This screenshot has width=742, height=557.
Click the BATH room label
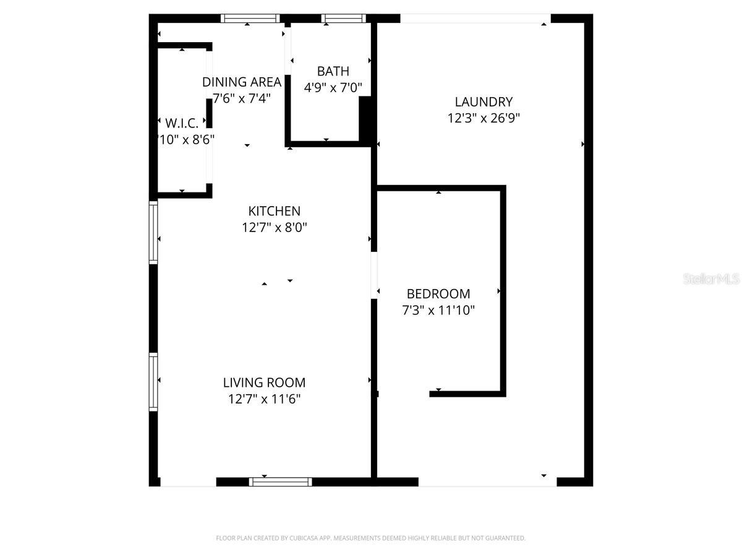click(333, 71)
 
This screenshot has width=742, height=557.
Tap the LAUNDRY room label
click(484, 102)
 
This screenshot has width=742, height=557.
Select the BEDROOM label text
click(438, 294)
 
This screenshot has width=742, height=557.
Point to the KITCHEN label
click(274, 212)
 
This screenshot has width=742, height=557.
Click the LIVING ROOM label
click(264, 383)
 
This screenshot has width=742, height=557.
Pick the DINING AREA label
click(242, 82)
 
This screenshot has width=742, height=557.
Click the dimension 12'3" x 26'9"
click(484, 118)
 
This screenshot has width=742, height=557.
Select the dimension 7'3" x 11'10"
click(438, 310)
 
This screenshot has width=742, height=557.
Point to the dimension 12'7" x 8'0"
click(274, 228)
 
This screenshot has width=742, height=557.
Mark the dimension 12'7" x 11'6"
click(264, 399)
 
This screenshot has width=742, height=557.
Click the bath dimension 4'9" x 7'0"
click(333, 87)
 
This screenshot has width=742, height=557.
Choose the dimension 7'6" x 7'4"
click(242, 98)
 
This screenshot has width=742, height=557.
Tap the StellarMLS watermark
click(711, 279)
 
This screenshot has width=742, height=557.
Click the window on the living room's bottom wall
click(280, 481)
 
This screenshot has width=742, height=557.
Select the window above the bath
click(344, 19)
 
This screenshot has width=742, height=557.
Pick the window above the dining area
click(250, 19)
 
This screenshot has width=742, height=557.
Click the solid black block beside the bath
click(366, 119)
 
